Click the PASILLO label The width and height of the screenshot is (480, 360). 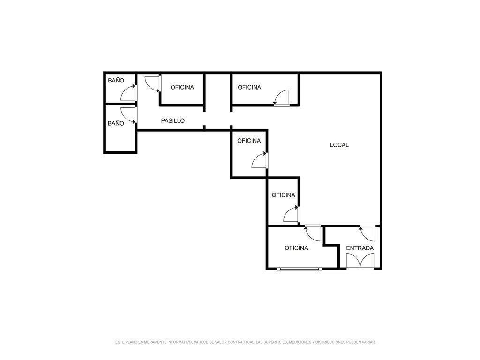pyautogui.click(x=172, y=120)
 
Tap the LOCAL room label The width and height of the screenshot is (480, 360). pyautogui.click(x=339, y=145)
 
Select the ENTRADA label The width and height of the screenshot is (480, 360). pyautogui.click(x=360, y=248)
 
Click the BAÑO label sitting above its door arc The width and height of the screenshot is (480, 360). pyautogui.click(x=116, y=81)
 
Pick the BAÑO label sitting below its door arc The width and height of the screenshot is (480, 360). pyautogui.click(x=116, y=123)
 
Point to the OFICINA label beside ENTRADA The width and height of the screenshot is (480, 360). pyautogui.click(x=296, y=248)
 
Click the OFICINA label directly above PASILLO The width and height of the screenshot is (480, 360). pyautogui.click(x=182, y=87)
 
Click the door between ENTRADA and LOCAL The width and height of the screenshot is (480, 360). pyautogui.click(x=367, y=233)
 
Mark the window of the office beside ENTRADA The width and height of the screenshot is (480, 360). pyautogui.click(x=300, y=269)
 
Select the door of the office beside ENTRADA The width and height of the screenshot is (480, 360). pyautogui.click(x=313, y=233)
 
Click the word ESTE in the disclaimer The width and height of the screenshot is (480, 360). pyautogui.click(x=120, y=342)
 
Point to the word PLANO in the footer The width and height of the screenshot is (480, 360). pyautogui.click(x=130, y=342)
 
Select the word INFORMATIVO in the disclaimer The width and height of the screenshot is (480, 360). pyautogui.click(x=180, y=342)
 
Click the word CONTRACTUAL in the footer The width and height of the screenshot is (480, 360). pyautogui.click(x=241, y=342)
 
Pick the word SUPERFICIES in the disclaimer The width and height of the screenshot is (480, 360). pyautogui.click(x=275, y=342)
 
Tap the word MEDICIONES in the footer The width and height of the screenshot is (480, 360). pyautogui.click(x=300, y=342)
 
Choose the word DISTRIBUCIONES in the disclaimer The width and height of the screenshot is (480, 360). pyautogui.click(x=330, y=342)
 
